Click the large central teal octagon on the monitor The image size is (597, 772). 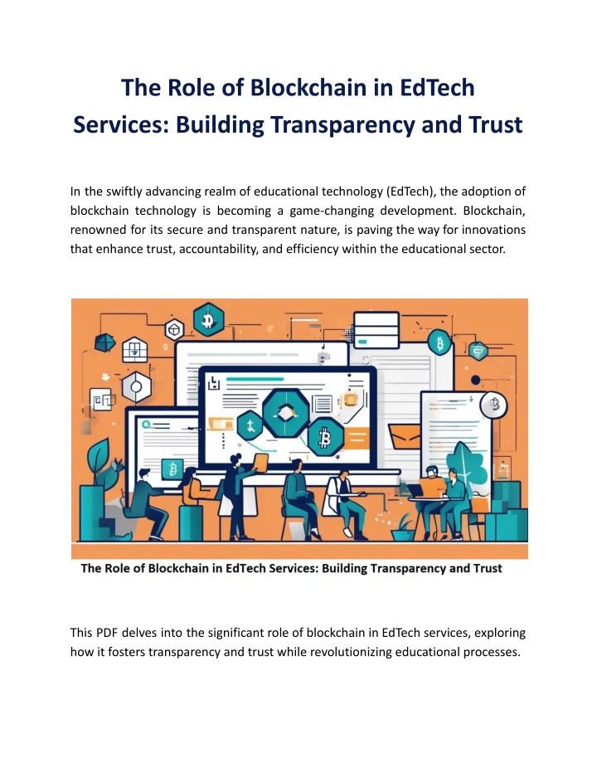pyautogui.click(x=285, y=413)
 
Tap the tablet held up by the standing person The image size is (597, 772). pyautogui.click(x=260, y=463)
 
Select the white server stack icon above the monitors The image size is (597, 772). pyautogui.click(x=376, y=330)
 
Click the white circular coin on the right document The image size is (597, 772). pyautogui.click(x=493, y=405)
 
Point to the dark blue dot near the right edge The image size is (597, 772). pyautogui.click(x=475, y=380)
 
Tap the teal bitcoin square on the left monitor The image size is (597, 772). pyautogui.click(x=172, y=469)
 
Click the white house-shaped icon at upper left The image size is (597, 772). pyautogui.click(x=134, y=350)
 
